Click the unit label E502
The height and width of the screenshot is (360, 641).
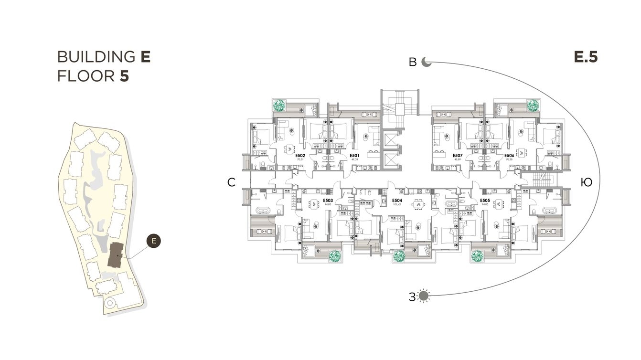click(300, 156)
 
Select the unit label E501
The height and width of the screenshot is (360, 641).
click(354, 156)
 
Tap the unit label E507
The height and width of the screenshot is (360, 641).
click(458, 156)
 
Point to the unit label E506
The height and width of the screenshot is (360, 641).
click(509, 156)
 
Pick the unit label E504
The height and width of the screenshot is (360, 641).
click(396, 201)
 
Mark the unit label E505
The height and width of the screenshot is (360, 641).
click(485, 201)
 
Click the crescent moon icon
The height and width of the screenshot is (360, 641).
click(427, 63)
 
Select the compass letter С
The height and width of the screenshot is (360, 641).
click(231, 182)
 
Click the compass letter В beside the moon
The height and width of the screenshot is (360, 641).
click(413, 63)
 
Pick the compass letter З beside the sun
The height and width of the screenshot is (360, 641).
click(412, 296)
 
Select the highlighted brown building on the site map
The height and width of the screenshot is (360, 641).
click(115, 255)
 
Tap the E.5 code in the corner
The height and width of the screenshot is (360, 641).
click(586, 58)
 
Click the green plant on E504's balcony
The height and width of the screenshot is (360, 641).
click(399, 257)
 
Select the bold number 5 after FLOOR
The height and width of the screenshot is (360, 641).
click(125, 76)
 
